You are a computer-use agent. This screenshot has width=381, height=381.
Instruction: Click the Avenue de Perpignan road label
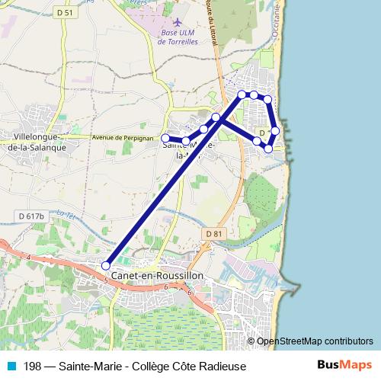(119, 138)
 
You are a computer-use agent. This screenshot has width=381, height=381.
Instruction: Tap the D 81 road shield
(213, 232)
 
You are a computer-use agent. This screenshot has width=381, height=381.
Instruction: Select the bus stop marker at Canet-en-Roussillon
(106, 265)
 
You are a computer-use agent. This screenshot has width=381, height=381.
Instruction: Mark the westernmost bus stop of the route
(165, 138)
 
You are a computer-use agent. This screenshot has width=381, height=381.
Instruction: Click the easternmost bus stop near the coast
(275, 131)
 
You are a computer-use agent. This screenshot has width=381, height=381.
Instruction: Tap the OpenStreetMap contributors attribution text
(315, 341)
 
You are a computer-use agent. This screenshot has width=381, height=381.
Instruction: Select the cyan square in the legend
(9, 366)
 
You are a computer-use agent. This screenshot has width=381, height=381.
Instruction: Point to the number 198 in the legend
(33, 366)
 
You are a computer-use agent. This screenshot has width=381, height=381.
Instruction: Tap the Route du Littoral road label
(213, 30)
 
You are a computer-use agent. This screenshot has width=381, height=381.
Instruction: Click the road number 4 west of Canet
(28, 259)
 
